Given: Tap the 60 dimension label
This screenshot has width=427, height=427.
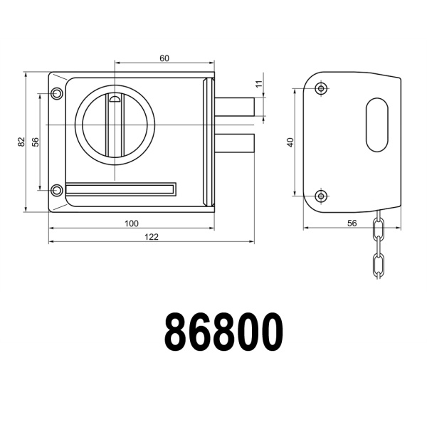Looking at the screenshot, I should tap(164, 58).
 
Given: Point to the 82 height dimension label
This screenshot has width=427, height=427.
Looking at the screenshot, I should tap(21, 142).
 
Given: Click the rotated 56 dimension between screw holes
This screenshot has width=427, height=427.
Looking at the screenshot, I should tap(35, 141).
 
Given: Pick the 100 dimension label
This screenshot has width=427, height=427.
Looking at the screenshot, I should tap(131, 223).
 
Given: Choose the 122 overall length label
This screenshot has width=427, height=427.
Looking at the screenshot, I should tap(151, 236).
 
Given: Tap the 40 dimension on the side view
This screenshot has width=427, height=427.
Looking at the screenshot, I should tap(290, 142).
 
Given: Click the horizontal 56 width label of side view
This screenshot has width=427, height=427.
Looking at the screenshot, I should tap(352, 223).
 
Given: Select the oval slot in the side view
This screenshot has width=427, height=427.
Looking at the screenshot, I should tap(378, 125).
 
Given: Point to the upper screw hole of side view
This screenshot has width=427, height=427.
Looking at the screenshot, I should tap(322, 89).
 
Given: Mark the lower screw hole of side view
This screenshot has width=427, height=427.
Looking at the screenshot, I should tap(322, 194).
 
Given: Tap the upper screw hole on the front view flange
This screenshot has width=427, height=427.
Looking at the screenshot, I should tap(57, 93).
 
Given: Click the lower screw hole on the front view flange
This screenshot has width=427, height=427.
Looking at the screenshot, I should tap(57, 189).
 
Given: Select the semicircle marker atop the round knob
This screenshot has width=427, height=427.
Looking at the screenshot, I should tap(114, 99).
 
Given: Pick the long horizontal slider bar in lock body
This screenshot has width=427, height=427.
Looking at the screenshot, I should tap(120, 189).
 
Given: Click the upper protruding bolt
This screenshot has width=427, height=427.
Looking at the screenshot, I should tap(235, 108).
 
